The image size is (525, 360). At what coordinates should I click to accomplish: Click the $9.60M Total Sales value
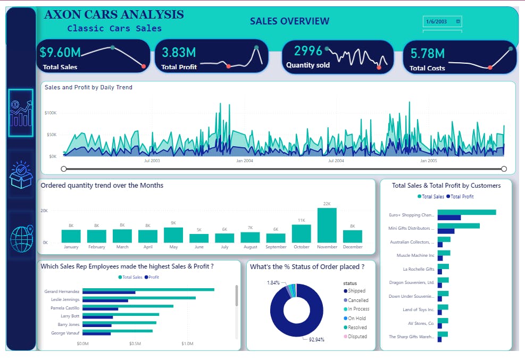60,53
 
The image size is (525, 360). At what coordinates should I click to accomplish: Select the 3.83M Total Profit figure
179,53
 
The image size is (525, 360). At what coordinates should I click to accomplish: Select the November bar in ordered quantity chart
327,225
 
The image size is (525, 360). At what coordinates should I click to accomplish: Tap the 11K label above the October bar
301,220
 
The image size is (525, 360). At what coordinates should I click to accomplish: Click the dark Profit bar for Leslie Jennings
105,300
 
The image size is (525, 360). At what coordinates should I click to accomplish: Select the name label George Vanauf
65,332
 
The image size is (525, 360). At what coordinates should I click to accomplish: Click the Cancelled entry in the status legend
357,300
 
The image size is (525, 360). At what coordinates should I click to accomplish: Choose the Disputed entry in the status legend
357,337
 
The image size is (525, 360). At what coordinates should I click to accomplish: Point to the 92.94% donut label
316,339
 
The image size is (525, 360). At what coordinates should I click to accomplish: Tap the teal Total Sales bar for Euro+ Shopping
466,212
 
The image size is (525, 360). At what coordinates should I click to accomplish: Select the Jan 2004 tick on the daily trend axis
244,161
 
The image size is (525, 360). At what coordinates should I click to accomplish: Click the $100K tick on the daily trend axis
51,113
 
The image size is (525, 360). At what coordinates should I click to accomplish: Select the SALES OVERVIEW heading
289,21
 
